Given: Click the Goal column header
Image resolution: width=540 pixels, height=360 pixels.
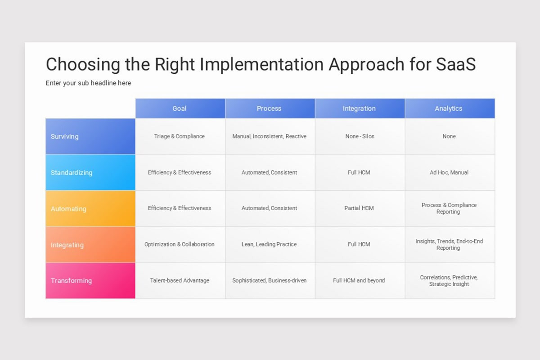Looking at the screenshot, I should pyautogui.click(x=180, y=108).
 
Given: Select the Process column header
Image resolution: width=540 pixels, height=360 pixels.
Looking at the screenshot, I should pyautogui.click(x=270, y=108).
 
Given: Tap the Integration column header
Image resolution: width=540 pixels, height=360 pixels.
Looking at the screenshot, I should pyautogui.click(x=359, y=108).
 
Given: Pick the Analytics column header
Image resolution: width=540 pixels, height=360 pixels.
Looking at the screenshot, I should pyautogui.click(x=449, y=108).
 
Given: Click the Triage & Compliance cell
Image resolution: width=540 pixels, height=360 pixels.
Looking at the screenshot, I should pyautogui.click(x=180, y=136).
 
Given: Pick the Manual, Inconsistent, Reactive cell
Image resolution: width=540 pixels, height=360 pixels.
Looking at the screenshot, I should pyautogui.click(x=270, y=136).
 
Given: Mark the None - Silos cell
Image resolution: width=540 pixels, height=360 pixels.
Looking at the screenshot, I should pyautogui.click(x=359, y=136).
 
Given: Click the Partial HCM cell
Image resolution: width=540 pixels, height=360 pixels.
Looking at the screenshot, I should pyautogui.click(x=359, y=208).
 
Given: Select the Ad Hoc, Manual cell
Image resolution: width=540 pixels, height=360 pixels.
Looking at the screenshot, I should pyautogui.click(x=449, y=172).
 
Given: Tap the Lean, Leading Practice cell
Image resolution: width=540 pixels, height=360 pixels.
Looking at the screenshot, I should pyautogui.click(x=270, y=244).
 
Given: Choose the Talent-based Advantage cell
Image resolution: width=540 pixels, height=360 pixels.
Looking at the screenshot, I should pyautogui.click(x=180, y=280).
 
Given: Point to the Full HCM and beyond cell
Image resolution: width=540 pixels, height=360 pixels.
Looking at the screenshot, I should pyautogui.click(x=359, y=280).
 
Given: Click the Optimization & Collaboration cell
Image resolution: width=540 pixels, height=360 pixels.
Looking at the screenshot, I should pyautogui.click(x=180, y=244).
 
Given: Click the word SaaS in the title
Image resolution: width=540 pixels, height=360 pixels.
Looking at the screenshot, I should pyautogui.click(x=456, y=64).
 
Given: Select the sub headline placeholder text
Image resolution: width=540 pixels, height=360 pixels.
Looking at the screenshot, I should pyautogui.click(x=88, y=83).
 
